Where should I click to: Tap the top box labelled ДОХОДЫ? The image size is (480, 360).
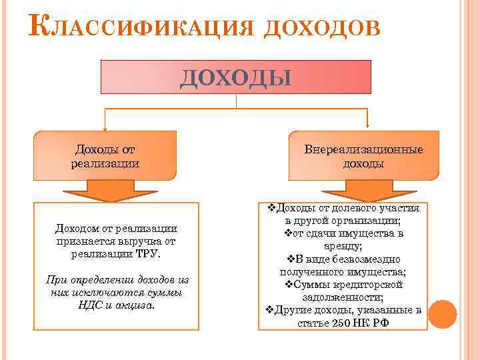coord(235,77)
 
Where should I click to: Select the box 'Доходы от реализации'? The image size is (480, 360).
coord(105,156)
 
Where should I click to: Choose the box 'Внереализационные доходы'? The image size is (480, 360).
coord(363,156)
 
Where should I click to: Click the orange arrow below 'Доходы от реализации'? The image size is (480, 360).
coord(105,191)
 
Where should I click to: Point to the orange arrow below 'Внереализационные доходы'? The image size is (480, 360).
coord(363,191)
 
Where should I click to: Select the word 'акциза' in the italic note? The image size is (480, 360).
coord(137,305)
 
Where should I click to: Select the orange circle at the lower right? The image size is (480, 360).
coord(444,313)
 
